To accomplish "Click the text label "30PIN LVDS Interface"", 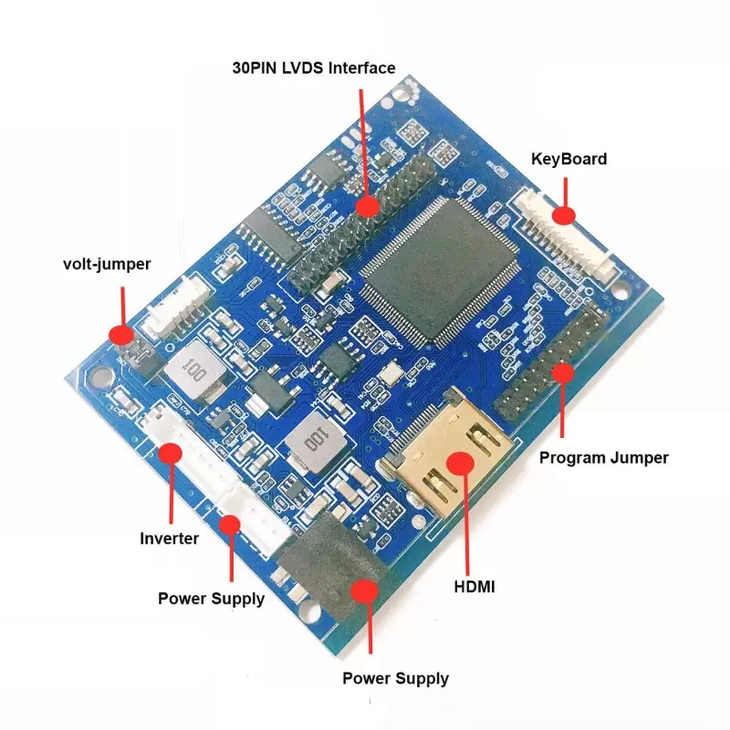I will [x=312, y=68].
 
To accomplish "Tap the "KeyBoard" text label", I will [x=568, y=159].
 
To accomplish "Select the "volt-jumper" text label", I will [x=107, y=265].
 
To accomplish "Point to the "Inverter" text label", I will [x=169, y=538].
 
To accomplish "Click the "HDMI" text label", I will [x=474, y=587].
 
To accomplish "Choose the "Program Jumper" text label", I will [x=604, y=457].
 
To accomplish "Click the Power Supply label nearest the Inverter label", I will [x=211, y=599].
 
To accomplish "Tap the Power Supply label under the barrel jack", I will [x=395, y=678].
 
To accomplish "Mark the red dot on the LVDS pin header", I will [x=367, y=206].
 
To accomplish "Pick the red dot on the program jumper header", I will [x=563, y=372].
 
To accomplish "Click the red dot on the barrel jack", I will [x=366, y=591].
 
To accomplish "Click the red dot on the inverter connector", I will [x=170, y=454].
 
